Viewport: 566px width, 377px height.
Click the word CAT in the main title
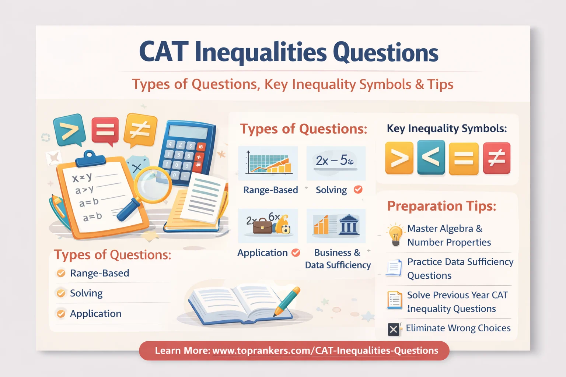pyautogui.click(x=164, y=52)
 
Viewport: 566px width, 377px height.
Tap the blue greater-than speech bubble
pyautogui.click(x=69, y=130)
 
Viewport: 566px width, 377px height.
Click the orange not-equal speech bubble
pyautogui.click(x=140, y=129)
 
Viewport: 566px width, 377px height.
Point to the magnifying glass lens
pyautogui.click(x=152, y=184)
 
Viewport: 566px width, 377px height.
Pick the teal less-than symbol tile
pyautogui.click(x=431, y=158)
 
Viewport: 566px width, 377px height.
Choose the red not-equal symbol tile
pyautogui.click(x=496, y=158)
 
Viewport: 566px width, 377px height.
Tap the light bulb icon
pyautogui.click(x=395, y=235)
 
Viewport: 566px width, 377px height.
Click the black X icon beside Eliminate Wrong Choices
pyautogui.click(x=394, y=329)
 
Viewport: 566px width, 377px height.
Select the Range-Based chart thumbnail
pyautogui.click(x=268, y=163)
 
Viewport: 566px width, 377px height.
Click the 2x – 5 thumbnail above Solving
pyautogui.click(x=336, y=162)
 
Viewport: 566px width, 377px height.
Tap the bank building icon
pyautogui.click(x=348, y=225)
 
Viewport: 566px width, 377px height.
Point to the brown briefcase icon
pyautogui.click(x=262, y=226)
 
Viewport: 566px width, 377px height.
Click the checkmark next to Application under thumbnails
pyautogui.click(x=296, y=253)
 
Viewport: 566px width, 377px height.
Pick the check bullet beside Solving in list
pyautogui.click(x=61, y=293)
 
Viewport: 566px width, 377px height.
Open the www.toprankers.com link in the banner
pyautogui.click(x=325, y=350)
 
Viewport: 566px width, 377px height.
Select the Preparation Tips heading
pyautogui.click(x=441, y=206)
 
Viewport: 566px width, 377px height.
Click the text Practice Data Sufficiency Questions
pyautogui.click(x=460, y=268)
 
